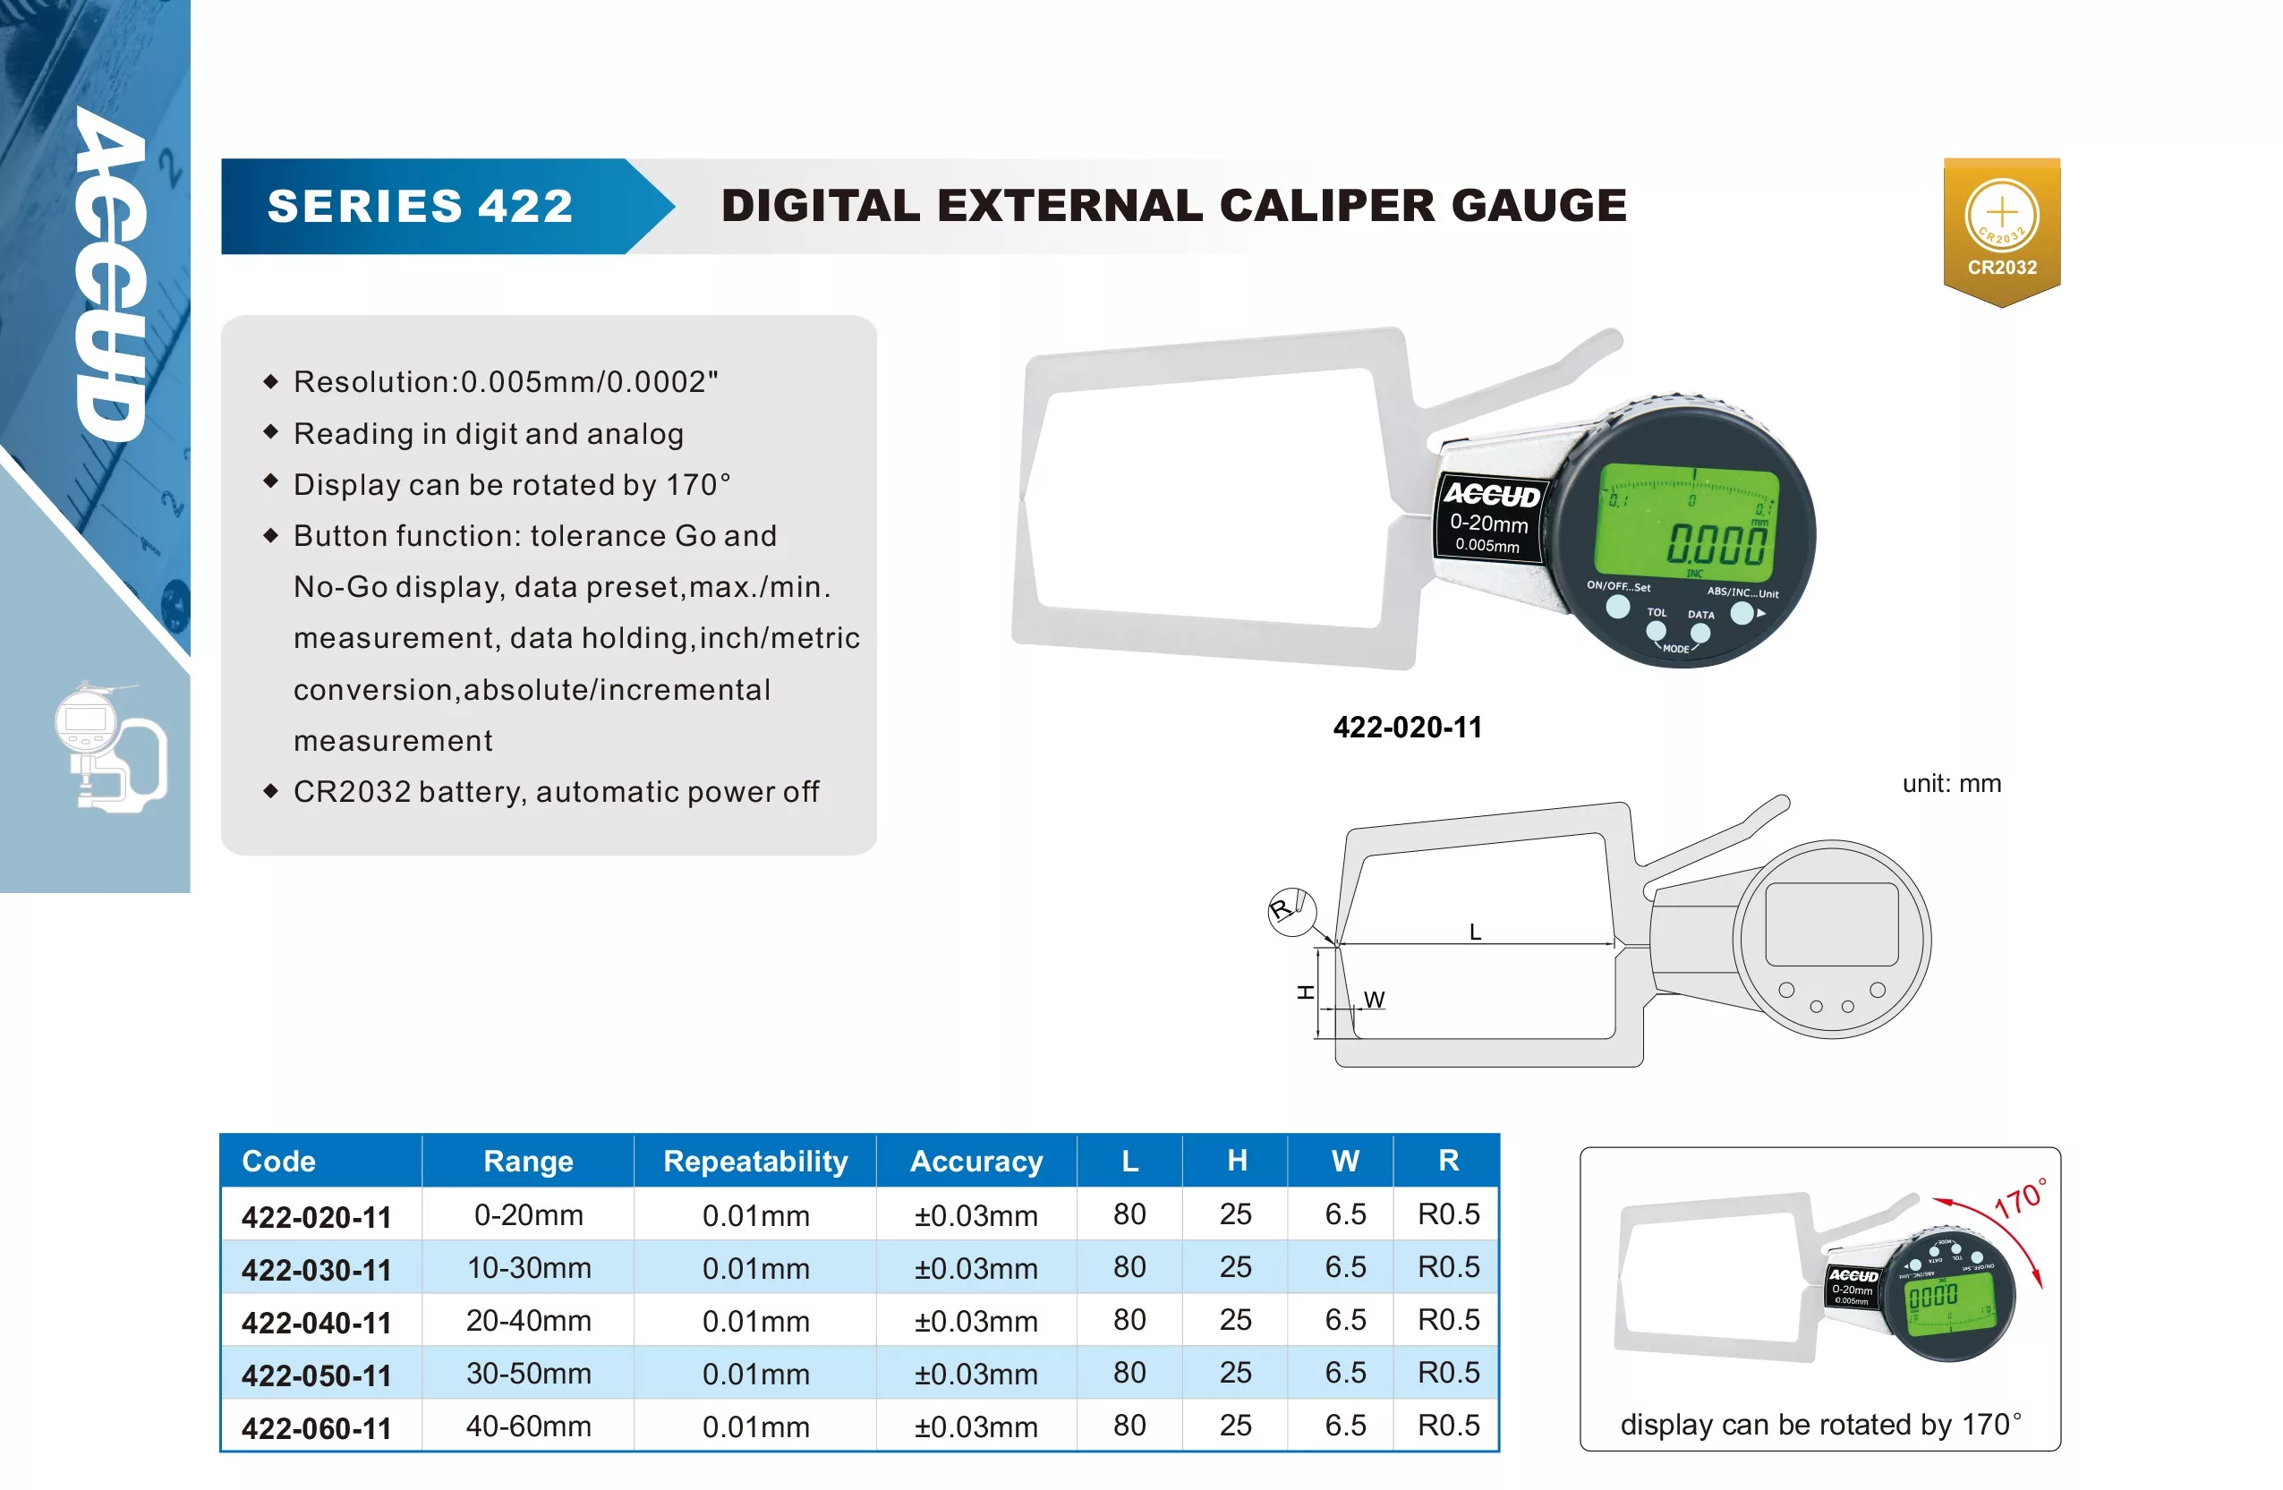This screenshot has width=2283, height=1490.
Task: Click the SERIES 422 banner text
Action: [420, 207]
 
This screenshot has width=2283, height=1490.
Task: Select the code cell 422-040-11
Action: [317, 1322]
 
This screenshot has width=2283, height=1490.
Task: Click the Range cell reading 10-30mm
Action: [529, 1267]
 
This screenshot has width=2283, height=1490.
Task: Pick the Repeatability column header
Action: [756, 1161]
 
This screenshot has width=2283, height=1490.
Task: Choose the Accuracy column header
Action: [976, 1161]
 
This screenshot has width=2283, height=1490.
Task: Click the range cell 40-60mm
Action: [529, 1426]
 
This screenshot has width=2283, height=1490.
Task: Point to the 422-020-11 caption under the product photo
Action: [1407, 728]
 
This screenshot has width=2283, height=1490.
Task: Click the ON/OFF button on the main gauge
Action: [1617, 608]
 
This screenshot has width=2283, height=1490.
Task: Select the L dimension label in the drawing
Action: [1476, 932]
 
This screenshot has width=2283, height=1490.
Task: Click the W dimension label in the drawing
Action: [1374, 1000]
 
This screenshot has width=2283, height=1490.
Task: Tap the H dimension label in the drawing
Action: [1306, 992]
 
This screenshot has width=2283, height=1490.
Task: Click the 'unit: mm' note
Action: [1951, 783]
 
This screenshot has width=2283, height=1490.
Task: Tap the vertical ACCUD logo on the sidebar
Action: [112, 274]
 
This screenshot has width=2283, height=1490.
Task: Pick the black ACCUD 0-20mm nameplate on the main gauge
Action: [1490, 518]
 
